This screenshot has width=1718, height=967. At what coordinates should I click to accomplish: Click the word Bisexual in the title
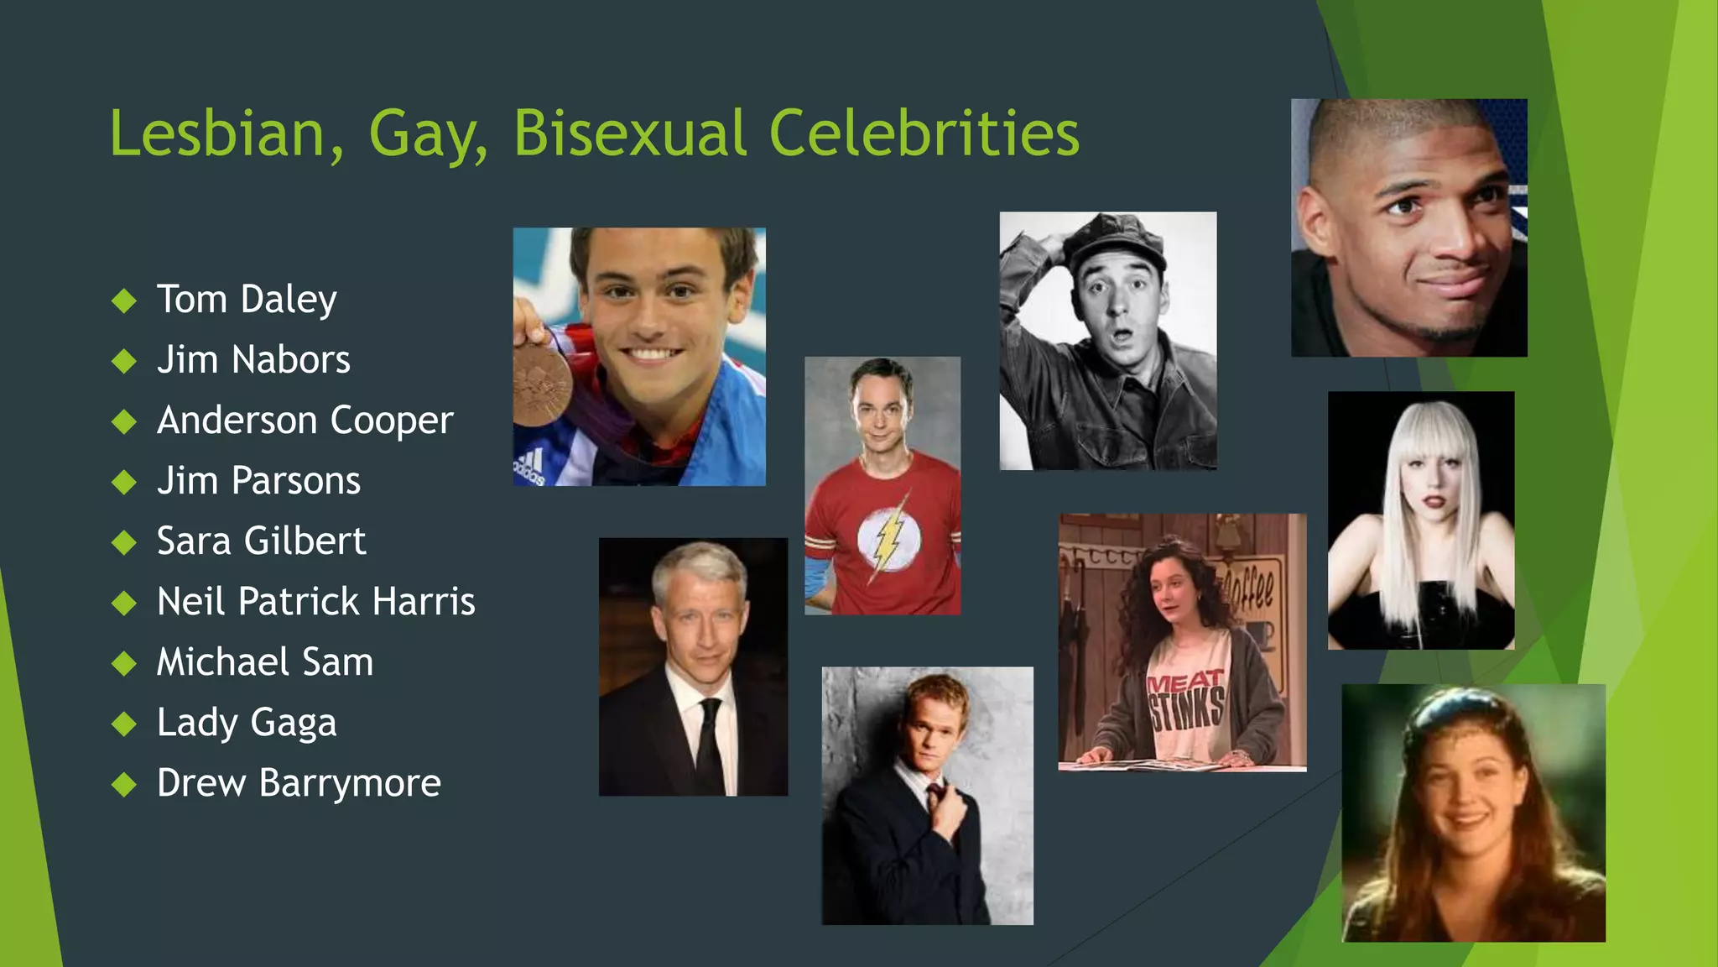[629, 133]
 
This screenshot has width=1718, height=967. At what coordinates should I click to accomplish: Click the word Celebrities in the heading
[924, 133]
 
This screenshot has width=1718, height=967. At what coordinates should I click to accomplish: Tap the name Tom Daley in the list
[247, 300]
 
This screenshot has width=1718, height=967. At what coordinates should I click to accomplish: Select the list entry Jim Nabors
[253, 360]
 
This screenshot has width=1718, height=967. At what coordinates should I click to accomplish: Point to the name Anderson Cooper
[305, 421]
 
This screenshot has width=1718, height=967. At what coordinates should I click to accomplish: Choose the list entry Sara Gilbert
[261, 541]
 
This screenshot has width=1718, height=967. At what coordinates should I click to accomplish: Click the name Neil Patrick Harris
[315, 602]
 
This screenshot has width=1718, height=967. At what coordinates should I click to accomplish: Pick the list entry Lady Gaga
[247, 723]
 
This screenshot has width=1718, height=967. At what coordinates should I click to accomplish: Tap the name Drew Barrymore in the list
[299, 783]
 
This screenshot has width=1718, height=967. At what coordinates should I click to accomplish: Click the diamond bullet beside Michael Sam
[124, 663]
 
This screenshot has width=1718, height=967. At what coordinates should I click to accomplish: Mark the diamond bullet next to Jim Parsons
[124, 482]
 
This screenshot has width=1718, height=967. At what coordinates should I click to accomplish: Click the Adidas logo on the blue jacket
[530, 467]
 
